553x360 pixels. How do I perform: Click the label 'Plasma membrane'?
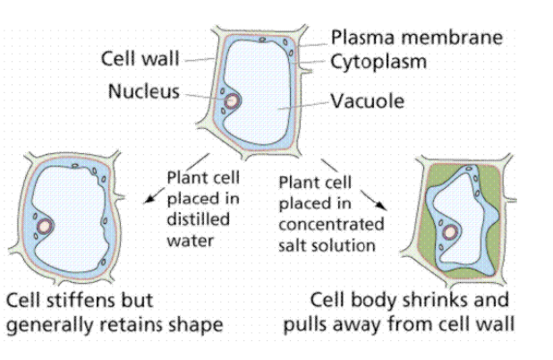[x=416, y=38]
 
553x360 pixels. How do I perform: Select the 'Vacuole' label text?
[x=367, y=101]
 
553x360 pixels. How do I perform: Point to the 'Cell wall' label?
[x=139, y=60]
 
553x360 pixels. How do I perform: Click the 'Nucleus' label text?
[x=144, y=91]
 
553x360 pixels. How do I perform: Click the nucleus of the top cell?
[x=231, y=101]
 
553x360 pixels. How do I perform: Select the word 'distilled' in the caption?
[x=197, y=219]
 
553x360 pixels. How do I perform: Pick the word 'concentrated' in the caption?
[x=331, y=225]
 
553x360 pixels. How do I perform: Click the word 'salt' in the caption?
[x=294, y=244]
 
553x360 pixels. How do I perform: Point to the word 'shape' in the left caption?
[x=194, y=324]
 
